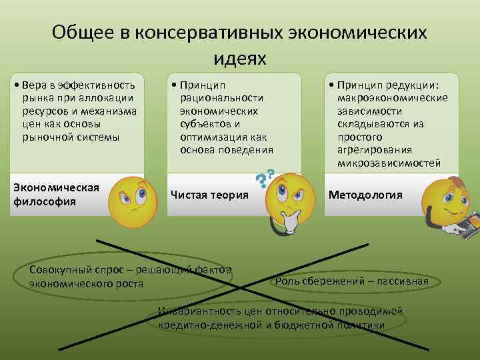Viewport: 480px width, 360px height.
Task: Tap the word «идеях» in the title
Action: (x=240, y=58)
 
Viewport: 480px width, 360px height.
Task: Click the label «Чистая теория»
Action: (x=209, y=195)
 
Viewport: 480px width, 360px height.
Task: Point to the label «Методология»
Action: (x=365, y=195)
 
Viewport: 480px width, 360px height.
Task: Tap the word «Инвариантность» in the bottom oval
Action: (x=193, y=311)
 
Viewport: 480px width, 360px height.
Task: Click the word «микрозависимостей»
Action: (x=389, y=162)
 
